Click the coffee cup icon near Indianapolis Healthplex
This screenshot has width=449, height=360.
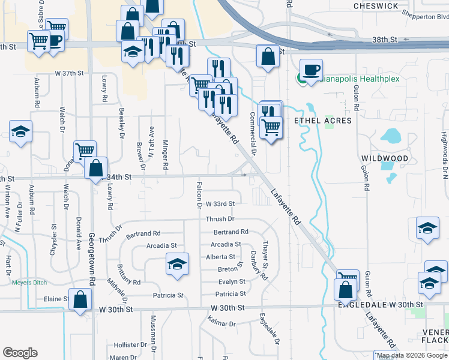[x=312, y=70]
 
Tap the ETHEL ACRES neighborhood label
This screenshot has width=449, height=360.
[x=322, y=121]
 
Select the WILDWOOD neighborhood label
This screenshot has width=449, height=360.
[x=385, y=158]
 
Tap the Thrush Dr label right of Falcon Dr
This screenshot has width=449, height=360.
[x=219, y=220]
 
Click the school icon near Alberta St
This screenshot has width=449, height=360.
[x=177, y=264]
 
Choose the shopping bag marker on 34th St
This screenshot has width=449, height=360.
[x=96, y=169]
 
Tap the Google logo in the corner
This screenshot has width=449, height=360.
[x=20, y=352]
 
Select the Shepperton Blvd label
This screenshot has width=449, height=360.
[x=426, y=17]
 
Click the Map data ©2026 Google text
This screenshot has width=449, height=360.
[x=412, y=355]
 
